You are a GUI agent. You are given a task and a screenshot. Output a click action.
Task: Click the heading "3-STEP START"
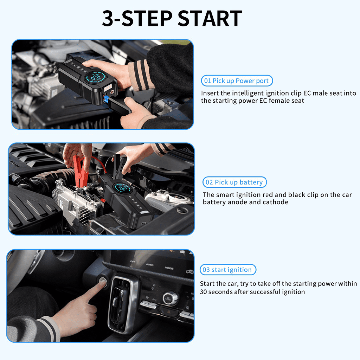[x=172, y=18]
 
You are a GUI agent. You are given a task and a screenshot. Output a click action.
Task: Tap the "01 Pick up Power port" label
[x=237, y=81]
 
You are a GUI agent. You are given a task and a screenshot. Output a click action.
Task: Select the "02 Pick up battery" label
[x=234, y=182]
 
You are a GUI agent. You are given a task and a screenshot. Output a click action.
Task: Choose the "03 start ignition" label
[x=228, y=270]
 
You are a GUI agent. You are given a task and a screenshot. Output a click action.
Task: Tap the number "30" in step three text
[x=204, y=292]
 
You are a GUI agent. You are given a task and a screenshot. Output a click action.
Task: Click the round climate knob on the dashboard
[x=171, y=297]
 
